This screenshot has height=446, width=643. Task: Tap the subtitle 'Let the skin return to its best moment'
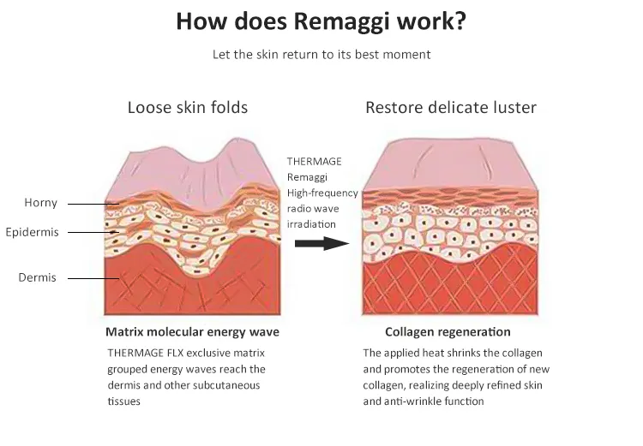(x=321, y=54)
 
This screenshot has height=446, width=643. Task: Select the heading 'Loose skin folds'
(x=188, y=108)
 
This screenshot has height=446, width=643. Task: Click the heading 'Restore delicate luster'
(x=450, y=108)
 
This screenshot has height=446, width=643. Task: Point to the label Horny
(x=40, y=203)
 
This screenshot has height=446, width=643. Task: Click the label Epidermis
(x=32, y=232)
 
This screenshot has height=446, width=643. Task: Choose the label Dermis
(x=38, y=277)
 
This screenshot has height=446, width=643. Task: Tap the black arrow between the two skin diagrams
(x=321, y=243)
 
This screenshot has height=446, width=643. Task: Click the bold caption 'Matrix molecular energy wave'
(x=192, y=331)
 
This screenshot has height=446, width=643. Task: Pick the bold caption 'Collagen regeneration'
(x=448, y=331)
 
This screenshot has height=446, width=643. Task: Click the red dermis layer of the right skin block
(x=450, y=282)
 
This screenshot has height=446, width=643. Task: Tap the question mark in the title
(x=460, y=21)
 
